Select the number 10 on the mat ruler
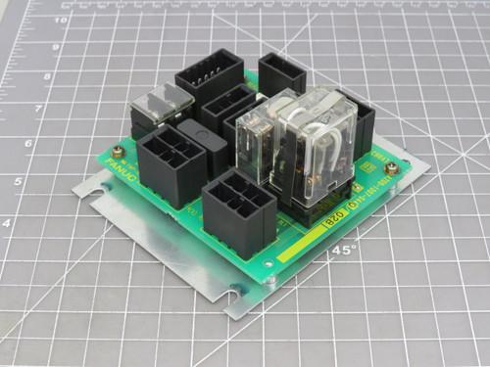(x=60, y=19)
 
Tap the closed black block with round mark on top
(x=202, y=147)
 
